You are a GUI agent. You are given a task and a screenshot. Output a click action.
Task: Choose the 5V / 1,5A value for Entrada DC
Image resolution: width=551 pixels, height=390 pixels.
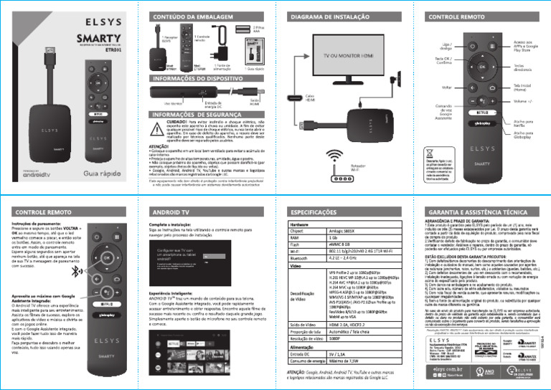click(x=337, y=374)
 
